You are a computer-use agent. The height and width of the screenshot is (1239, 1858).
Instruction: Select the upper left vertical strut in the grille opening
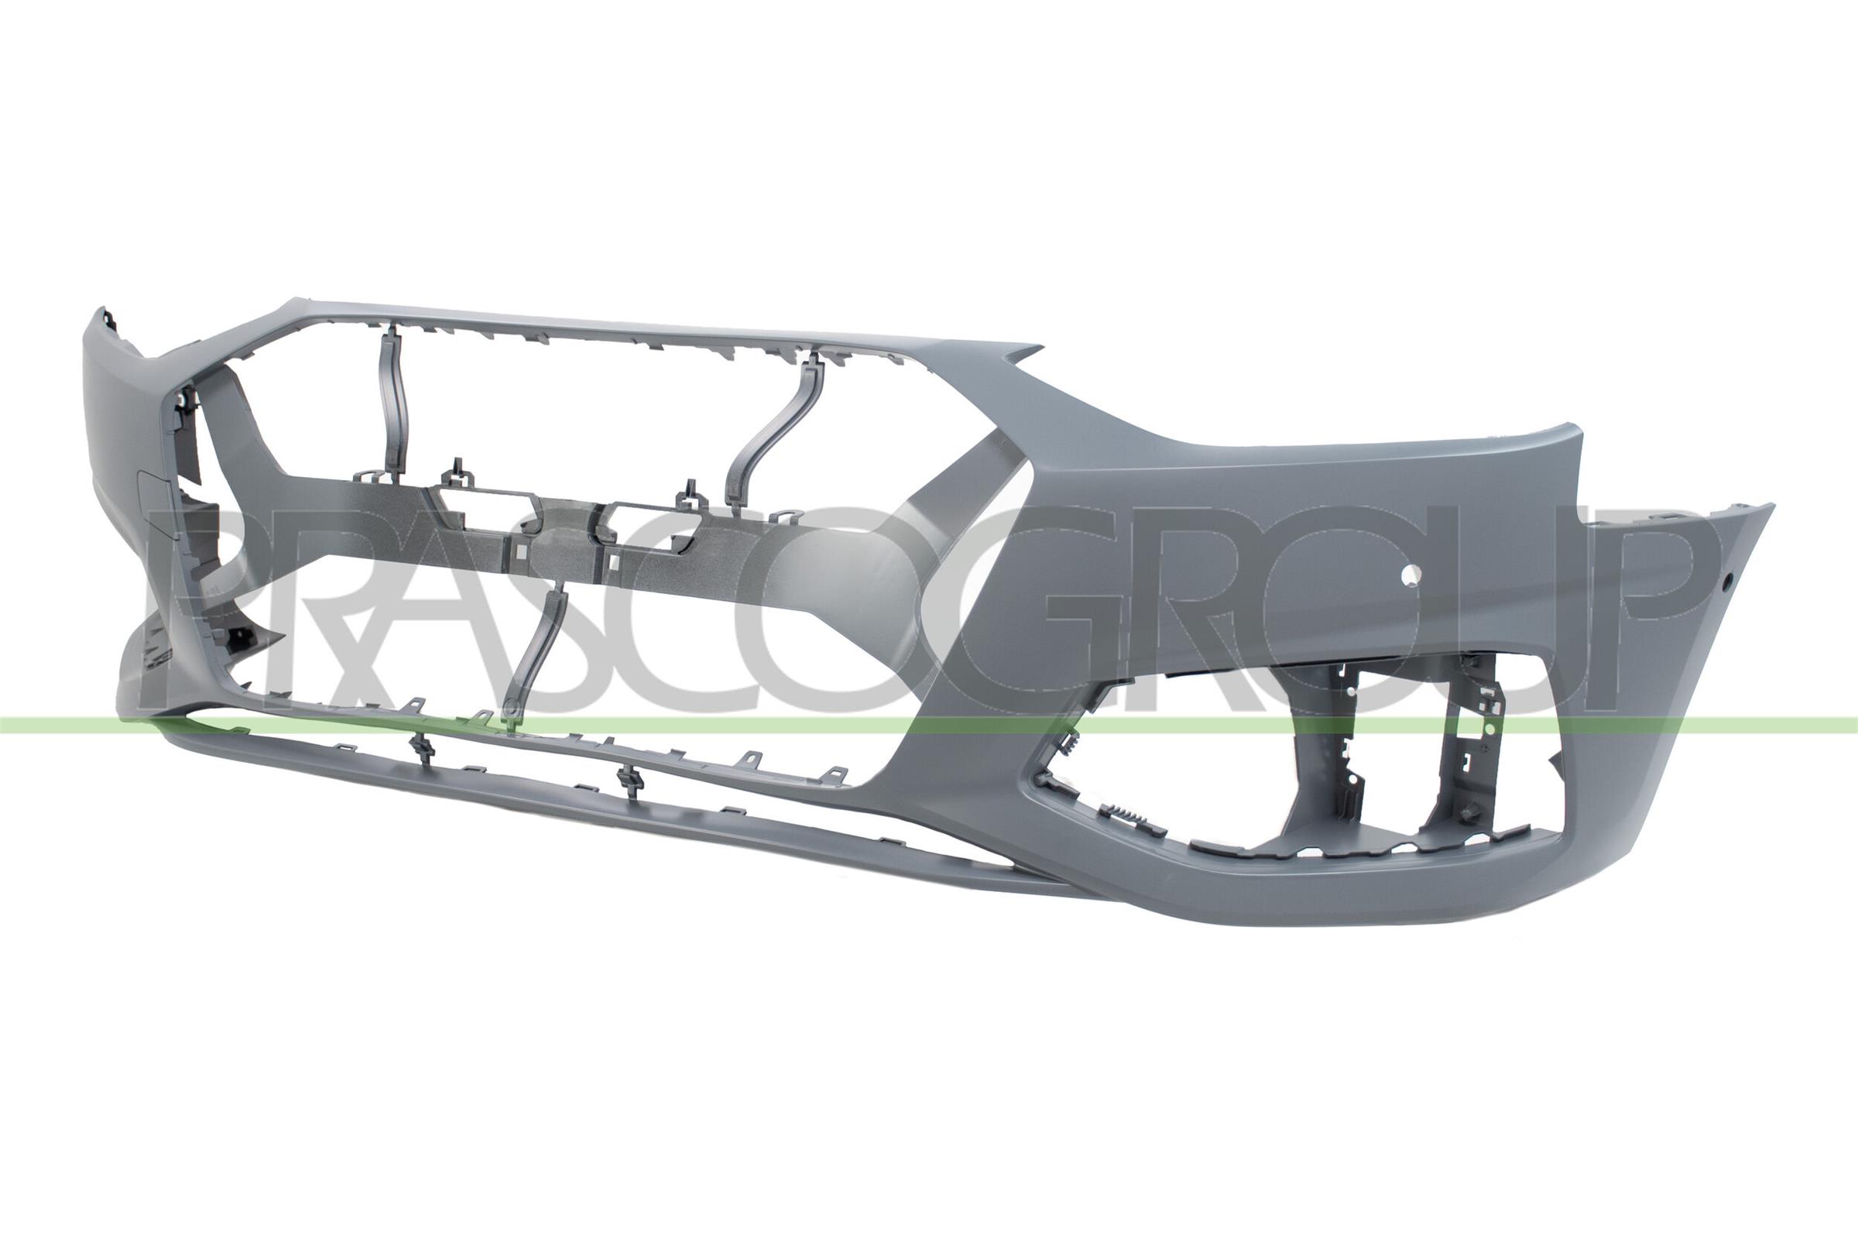tap(392, 403)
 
